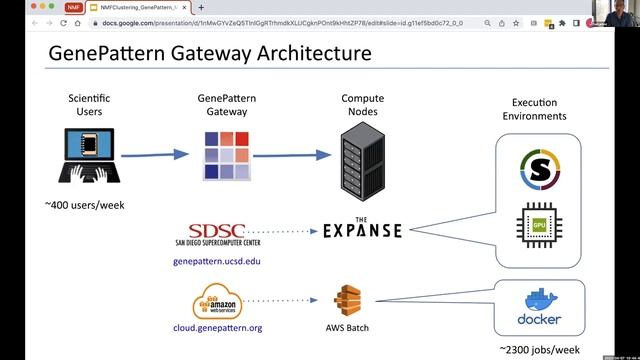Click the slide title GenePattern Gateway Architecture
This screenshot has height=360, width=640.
pos(210,51)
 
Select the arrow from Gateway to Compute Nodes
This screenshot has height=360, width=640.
pos(290,155)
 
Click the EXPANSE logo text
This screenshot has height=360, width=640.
pos(362,230)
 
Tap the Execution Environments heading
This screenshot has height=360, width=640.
pos(540,109)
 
